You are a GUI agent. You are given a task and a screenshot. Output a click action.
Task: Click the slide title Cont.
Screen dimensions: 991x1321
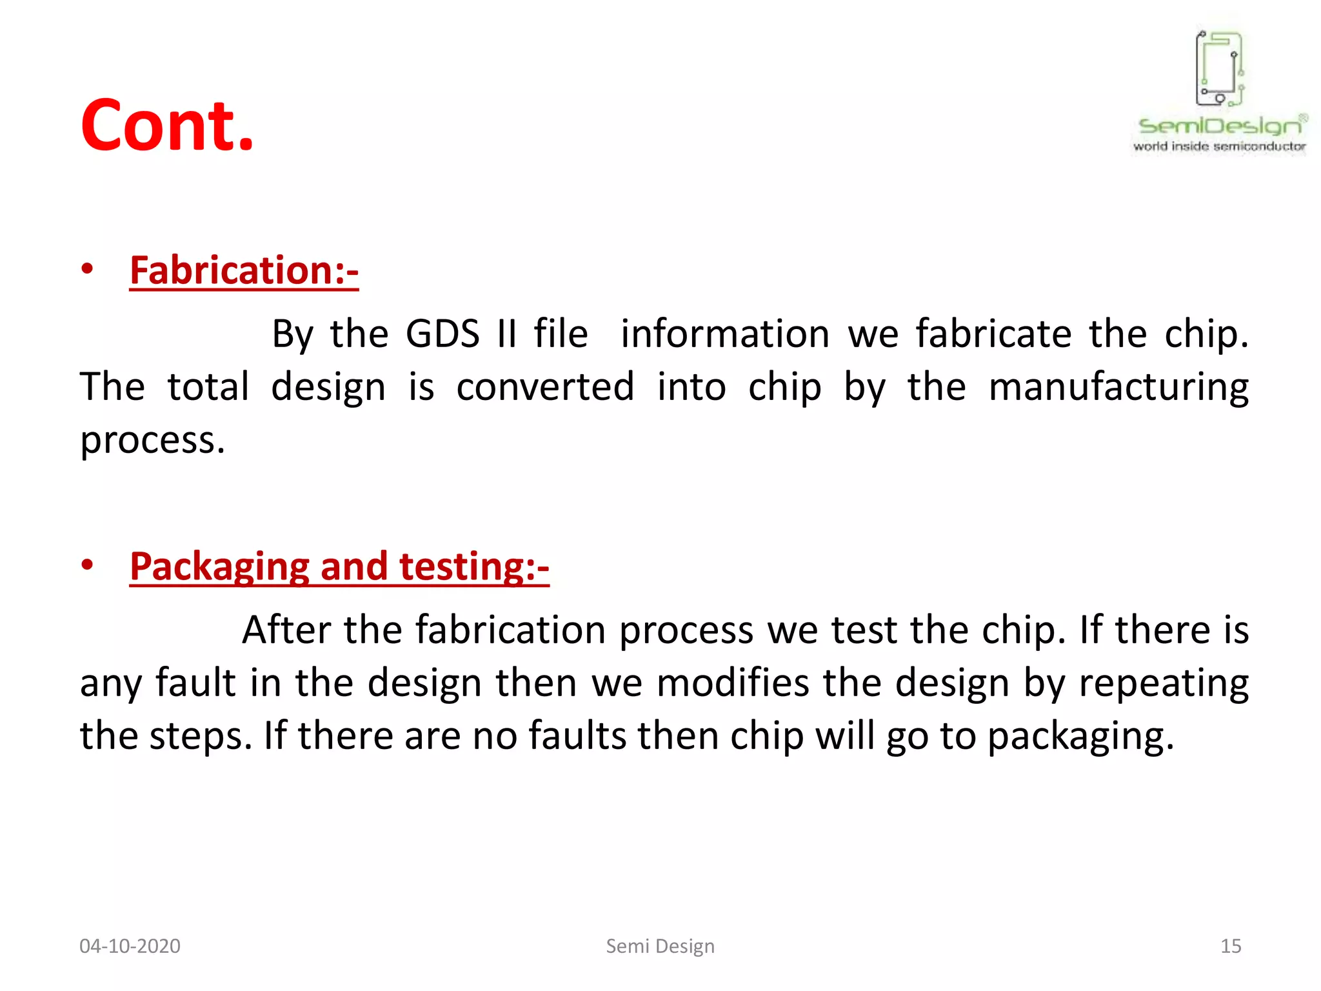pyautogui.click(x=167, y=126)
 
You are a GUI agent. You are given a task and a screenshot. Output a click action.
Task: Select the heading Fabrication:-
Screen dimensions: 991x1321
pyautogui.click(x=244, y=270)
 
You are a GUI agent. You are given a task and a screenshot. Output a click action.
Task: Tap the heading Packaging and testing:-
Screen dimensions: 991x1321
pyautogui.click(x=339, y=566)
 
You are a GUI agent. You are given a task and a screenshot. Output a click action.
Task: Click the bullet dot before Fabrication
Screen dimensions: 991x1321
pyautogui.click(x=88, y=269)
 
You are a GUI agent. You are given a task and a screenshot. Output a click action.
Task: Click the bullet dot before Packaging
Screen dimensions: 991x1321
pyautogui.click(x=88, y=565)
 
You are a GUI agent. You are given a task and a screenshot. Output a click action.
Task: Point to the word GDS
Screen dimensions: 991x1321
pyautogui.click(x=442, y=334)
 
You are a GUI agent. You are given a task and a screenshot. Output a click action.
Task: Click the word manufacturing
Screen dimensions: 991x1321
pyautogui.click(x=1118, y=388)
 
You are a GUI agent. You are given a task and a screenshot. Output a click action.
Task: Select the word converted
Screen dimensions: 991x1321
pyautogui.click(x=545, y=387)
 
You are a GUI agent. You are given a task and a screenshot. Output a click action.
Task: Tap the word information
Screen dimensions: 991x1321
pyautogui.click(x=725, y=334)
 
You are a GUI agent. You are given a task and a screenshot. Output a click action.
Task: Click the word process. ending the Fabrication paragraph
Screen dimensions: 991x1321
pyautogui.click(x=152, y=441)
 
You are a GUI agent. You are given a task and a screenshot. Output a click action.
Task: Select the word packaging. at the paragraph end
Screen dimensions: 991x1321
pyautogui.click(x=1081, y=737)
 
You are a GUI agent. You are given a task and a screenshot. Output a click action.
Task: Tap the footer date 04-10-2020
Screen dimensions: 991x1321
pyautogui.click(x=130, y=946)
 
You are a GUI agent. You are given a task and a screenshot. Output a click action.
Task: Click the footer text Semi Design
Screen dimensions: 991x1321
pyautogui.click(x=660, y=946)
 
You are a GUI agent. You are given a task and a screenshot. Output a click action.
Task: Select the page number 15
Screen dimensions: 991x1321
pyautogui.click(x=1230, y=946)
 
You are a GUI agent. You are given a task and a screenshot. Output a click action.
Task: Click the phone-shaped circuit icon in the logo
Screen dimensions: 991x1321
pyautogui.click(x=1219, y=68)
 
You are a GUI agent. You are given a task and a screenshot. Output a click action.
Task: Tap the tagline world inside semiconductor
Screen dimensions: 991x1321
pyautogui.click(x=1219, y=146)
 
